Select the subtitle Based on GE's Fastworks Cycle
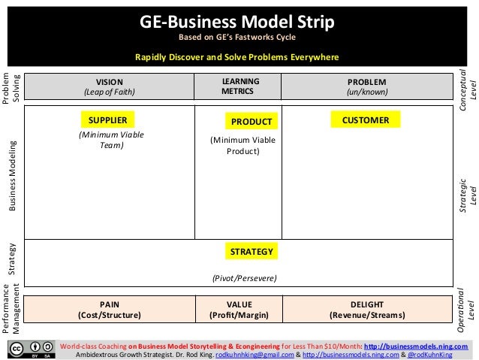(x=237, y=37)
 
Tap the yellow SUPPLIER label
(x=107, y=119)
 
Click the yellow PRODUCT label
(x=250, y=121)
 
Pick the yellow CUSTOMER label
(x=365, y=119)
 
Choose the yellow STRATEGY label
(x=251, y=250)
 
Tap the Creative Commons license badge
(x=33, y=349)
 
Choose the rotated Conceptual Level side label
(x=467, y=90)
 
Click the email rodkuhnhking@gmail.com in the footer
(x=243, y=354)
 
